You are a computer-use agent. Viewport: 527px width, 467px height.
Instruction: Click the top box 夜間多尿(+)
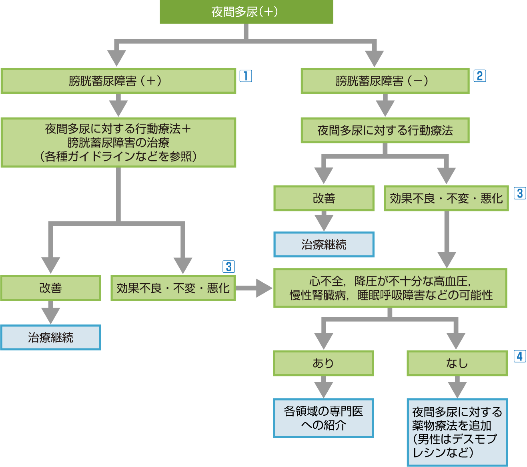[246, 12]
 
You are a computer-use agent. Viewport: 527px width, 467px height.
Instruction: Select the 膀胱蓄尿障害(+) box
[118, 81]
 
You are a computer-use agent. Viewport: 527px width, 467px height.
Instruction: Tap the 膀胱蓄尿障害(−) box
[385, 81]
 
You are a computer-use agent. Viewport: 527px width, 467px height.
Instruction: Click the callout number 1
[245, 76]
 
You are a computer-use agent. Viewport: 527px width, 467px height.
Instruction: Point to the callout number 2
[479, 76]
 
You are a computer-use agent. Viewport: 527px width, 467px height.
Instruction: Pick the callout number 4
[519, 356]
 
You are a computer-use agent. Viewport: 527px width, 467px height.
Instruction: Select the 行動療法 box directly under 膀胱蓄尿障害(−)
[385, 131]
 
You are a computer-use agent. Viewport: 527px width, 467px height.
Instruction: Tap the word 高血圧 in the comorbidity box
[450, 282]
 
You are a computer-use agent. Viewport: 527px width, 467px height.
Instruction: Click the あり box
[323, 363]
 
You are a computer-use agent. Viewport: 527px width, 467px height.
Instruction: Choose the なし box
[457, 363]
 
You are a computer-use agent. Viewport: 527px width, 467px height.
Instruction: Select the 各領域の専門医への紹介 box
[323, 418]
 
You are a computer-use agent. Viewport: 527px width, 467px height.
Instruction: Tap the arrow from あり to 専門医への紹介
[323, 387]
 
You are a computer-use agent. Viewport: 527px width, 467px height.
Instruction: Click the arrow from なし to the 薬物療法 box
[457, 387]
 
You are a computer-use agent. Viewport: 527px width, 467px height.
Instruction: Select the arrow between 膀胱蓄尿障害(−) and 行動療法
[385, 105]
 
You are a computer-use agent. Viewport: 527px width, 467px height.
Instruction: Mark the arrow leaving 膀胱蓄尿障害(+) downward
[118, 105]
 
